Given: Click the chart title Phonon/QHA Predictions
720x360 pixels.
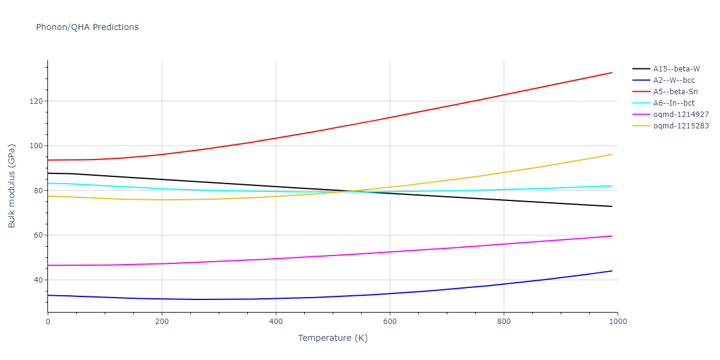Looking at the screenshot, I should coord(87,27).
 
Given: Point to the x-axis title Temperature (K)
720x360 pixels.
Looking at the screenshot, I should coord(332,338).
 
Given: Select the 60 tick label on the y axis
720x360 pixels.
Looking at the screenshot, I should coord(38,235).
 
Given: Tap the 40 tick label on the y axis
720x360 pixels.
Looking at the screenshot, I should coord(38,280).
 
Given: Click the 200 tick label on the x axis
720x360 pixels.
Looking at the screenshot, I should coord(161,322).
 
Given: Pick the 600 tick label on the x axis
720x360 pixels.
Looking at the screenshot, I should coord(389,322).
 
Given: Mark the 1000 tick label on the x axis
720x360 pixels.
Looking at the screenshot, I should coord(617,322).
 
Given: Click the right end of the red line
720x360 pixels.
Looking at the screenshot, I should coord(612,73).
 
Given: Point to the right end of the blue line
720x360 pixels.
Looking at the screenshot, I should coord(612,271).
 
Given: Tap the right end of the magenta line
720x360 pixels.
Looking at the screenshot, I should coord(612,236).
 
